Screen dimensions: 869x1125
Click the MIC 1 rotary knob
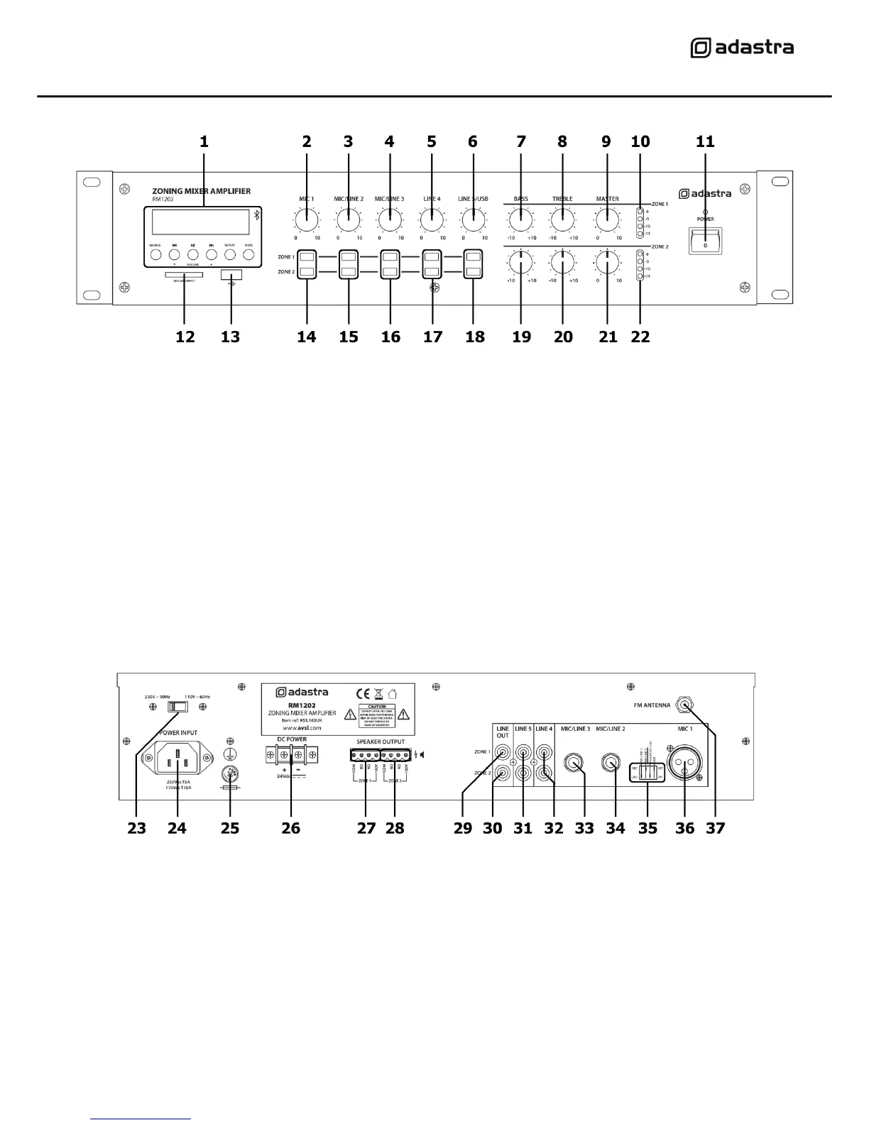coord(307,221)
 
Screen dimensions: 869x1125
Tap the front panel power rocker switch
coord(705,241)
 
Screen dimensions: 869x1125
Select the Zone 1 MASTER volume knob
coord(607,221)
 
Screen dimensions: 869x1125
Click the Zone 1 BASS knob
coord(521,221)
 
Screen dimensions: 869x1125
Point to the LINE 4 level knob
coord(432,221)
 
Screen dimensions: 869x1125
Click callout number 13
coord(231,337)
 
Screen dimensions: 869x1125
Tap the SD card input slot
coord(184,273)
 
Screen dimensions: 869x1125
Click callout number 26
coord(291,828)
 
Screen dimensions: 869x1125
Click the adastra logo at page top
coord(742,48)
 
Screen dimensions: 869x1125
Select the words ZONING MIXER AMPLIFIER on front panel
coord(202,191)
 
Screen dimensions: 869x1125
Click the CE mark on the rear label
coord(362,693)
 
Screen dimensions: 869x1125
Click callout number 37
coord(716,828)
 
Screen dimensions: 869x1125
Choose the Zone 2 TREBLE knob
coord(562,263)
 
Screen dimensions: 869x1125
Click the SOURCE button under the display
coord(155,254)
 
